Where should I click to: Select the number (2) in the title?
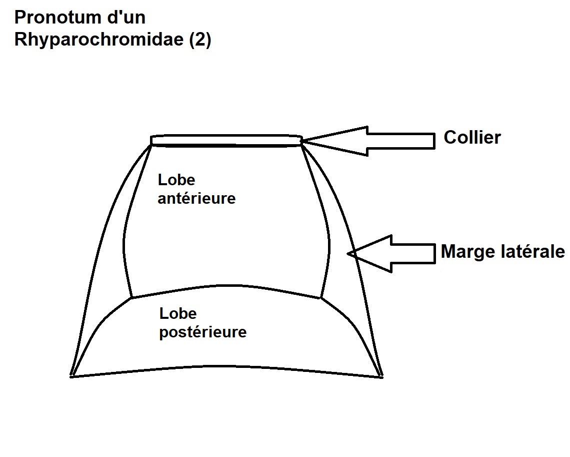pyautogui.click(x=200, y=40)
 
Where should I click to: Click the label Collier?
pyautogui.click(x=472, y=138)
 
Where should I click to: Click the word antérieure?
pyautogui.click(x=196, y=198)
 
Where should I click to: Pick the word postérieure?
pyautogui.click(x=202, y=332)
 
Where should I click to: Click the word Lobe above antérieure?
pyautogui.click(x=176, y=180)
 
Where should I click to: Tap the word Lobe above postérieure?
pyautogui.click(x=178, y=314)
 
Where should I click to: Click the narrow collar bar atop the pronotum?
pyautogui.click(x=226, y=140)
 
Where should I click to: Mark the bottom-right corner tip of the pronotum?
pyautogui.click(x=381, y=375)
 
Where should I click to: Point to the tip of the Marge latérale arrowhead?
pyautogui.click(x=349, y=254)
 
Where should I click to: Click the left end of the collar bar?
pyautogui.click(x=152, y=141)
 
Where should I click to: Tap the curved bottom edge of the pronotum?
pyautogui.click(x=226, y=366)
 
